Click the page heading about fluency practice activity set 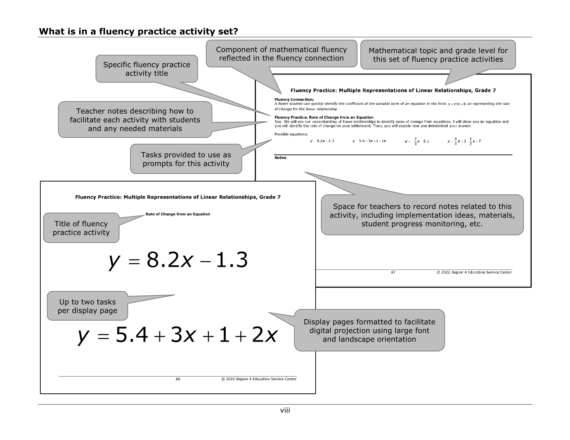click(x=138, y=32)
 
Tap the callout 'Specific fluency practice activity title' click(x=146, y=69)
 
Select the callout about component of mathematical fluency click(x=281, y=54)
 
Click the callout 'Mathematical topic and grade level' click(x=438, y=55)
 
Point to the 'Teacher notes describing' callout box click(x=135, y=120)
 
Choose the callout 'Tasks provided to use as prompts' click(x=186, y=159)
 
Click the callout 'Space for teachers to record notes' click(x=422, y=215)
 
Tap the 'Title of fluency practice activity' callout click(x=81, y=228)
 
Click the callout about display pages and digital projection click(x=369, y=330)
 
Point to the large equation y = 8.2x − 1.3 click(x=178, y=260)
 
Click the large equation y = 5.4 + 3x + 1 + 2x click(x=177, y=335)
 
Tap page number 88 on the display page click(x=178, y=379)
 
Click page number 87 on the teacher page click(x=393, y=272)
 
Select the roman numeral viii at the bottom click(x=285, y=410)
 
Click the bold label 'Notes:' click(x=281, y=158)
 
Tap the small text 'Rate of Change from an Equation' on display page click(x=178, y=214)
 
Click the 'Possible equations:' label click(x=291, y=134)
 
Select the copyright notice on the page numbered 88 click(x=259, y=379)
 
